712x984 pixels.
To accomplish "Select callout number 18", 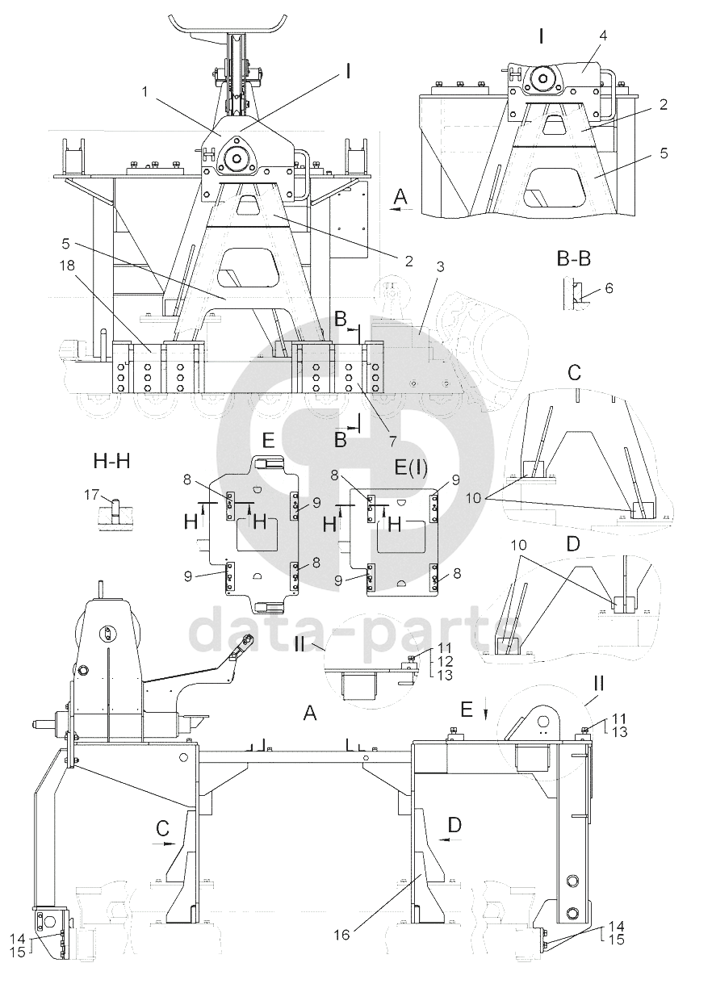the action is pyautogui.click(x=68, y=266).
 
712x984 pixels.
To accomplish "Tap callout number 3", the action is pyautogui.click(x=441, y=266).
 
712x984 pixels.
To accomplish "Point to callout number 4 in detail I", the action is pyautogui.click(x=603, y=36).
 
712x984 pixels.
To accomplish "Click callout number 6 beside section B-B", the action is pyautogui.click(x=609, y=288).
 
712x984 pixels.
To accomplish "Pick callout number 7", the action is pyautogui.click(x=392, y=441).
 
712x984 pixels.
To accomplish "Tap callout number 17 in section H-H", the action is pyautogui.click(x=91, y=495).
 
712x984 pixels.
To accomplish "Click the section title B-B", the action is pyautogui.click(x=574, y=259).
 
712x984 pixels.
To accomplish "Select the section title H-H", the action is pyautogui.click(x=111, y=461).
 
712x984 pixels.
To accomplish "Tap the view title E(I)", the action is pyautogui.click(x=411, y=467).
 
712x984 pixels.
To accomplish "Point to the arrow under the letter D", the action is pyautogui.click(x=450, y=839).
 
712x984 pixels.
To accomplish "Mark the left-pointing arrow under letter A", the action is pyautogui.click(x=401, y=210).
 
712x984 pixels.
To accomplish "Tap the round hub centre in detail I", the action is pyautogui.click(x=544, y=78).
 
